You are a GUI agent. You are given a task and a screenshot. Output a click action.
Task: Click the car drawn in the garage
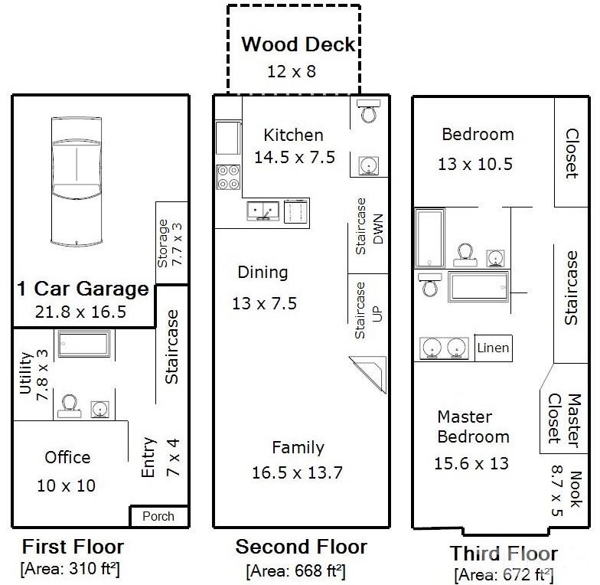click(77, 181)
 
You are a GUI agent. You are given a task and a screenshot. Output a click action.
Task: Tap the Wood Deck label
click(298, 44)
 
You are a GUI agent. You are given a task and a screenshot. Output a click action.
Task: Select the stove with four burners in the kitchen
click(228, 178)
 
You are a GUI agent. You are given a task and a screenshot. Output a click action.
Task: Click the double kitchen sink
click(263, 211)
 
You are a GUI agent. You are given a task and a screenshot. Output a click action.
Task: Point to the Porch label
click(158, 516)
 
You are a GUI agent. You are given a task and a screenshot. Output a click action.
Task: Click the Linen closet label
click(493, 348)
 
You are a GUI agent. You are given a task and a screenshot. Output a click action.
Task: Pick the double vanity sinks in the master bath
click(444, 348)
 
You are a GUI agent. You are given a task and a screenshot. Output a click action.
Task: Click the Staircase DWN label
click(369, 227)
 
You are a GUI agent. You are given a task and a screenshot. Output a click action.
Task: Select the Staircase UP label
click(369, 311)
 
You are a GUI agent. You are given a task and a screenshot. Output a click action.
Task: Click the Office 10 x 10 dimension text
click(66, 485)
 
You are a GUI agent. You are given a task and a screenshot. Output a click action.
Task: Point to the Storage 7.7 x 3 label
click(170, 243)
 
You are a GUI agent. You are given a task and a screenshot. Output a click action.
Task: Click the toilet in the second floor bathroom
click(369, 110)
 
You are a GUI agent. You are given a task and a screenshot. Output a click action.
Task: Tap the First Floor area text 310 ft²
click(70, 569)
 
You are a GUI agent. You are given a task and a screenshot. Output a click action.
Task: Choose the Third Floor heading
click(504, 553)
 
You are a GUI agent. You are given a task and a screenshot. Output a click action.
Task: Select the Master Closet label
click(565, 420)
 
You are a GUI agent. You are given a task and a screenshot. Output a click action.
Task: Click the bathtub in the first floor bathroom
click(84, 344)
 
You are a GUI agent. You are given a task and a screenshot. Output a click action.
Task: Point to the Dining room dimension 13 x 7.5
click(265, 303)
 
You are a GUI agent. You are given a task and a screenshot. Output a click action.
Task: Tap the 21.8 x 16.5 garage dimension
click(80, 312)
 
